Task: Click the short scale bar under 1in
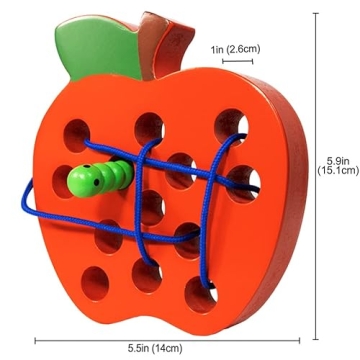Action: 237,62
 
